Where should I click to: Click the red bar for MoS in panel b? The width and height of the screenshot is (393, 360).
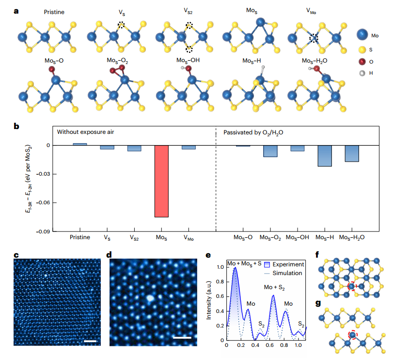point(161,181)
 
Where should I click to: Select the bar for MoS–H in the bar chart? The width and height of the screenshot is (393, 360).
point(325,156)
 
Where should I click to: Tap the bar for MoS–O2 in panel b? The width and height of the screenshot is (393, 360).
point(270,151)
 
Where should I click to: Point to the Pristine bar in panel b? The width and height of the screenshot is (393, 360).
point(80,144)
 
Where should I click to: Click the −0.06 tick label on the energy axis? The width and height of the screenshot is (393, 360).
point(43,202)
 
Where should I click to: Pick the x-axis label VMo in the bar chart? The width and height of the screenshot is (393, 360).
point(189,238)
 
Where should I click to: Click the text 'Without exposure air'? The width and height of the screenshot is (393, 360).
point(85,132)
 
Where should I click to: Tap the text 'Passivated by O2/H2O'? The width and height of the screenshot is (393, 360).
point(253,132)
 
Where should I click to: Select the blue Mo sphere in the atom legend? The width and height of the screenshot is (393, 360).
point(362,34)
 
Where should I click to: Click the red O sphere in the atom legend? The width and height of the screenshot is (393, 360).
point(362,62)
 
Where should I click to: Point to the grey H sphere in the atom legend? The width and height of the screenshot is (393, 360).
point(362,73)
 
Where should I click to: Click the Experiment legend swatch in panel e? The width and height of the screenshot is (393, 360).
point(267,265)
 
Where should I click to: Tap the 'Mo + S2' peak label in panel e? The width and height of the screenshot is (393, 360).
point(274,288)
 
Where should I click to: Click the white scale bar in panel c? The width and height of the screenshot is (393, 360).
point(90,341)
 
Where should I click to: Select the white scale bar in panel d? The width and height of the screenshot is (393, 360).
point(182,338)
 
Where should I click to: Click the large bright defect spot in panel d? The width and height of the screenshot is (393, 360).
point(150,298)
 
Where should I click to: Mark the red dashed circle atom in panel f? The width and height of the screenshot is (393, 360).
point(352,286)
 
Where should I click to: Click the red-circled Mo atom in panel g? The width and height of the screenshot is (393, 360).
point(353,335)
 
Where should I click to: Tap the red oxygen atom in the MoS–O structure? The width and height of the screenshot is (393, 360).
point(52,69)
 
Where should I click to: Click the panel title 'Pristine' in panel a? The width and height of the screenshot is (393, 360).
point(54,12)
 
